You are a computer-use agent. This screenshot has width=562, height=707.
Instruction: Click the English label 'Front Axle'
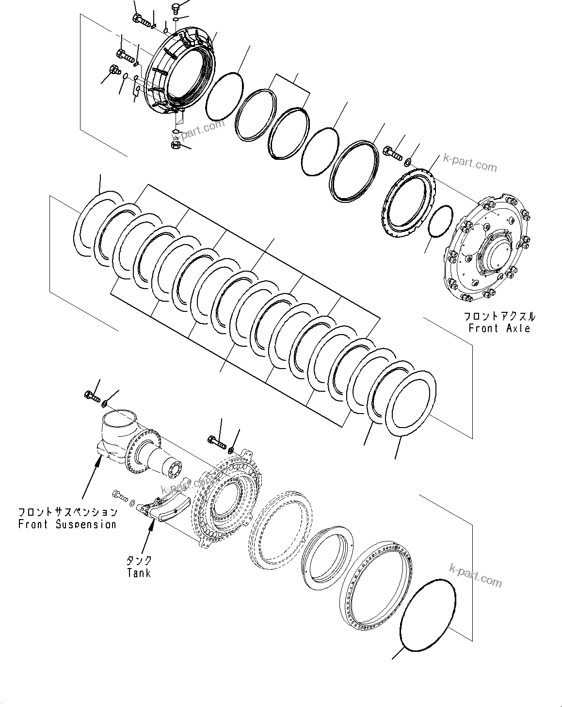tap(499, 328)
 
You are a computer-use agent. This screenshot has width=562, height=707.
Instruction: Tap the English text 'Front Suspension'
tap(67, 524)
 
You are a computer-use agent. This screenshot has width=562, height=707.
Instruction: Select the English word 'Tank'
tap(139, 573)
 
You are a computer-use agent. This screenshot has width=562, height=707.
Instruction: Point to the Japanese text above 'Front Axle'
tap(499, 317)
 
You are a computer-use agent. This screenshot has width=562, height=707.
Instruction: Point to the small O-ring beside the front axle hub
tap(441, 221)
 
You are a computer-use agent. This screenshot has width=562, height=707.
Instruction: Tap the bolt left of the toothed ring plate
tap(393, 153)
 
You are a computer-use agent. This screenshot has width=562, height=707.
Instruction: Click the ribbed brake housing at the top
tap(182, 73)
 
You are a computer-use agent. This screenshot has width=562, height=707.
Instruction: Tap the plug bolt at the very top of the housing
tap(176, 8)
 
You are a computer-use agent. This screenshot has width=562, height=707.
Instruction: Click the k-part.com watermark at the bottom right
tap(476, 575)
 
